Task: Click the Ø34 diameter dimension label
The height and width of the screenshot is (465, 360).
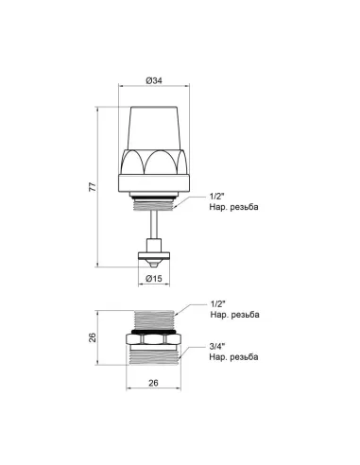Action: (x=153, y=80)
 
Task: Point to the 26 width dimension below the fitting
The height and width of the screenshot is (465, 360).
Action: (x=153, y=384)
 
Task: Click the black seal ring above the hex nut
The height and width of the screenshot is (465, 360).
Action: (x=153, y=333)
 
